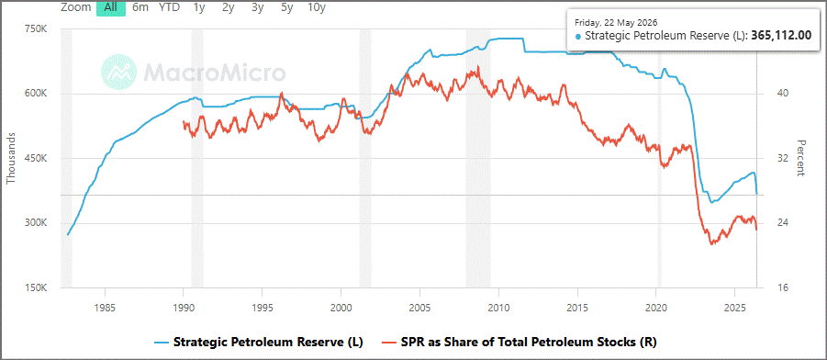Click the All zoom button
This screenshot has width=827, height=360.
coord(111,7)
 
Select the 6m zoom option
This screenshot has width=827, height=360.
coord(140,7)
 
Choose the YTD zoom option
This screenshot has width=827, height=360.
coord(169,7)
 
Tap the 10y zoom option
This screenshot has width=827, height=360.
coord(317,7)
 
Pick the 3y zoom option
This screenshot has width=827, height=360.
coord(257,7)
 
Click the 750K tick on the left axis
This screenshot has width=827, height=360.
coord(37,29)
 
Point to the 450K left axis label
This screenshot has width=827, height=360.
coord(37,159)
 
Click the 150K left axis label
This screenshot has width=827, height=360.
coord(37,288)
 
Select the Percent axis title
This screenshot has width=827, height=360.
coord(801,158)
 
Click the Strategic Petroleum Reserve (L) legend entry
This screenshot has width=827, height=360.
coord(260,342)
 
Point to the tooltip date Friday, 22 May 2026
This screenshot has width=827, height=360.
coord(615,23)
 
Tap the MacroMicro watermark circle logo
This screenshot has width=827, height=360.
coord(118,72)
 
